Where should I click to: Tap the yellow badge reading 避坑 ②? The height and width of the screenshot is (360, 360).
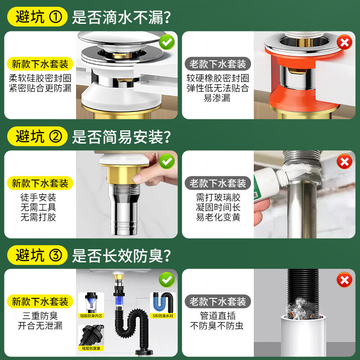click(x=36, y=136)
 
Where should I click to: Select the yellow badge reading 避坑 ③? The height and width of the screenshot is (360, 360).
click(x=36, y=256)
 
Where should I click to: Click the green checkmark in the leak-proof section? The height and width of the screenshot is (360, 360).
click(x=167, y=43)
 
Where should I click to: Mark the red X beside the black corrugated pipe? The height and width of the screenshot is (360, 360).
click(x=345, y=280)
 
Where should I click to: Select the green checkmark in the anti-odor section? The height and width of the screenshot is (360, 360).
click(x=167, y=280)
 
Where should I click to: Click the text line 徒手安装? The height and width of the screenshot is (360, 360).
click(x=38, y=198)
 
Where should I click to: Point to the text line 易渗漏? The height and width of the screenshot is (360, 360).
click(x=217, y=98)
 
